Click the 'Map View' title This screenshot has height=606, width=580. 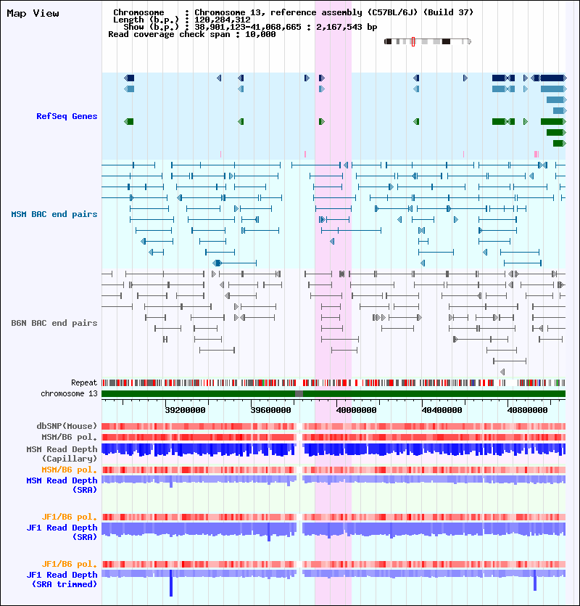(33, 13)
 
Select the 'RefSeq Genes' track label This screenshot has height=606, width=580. (67, 116)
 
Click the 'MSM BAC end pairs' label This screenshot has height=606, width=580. (54, 214)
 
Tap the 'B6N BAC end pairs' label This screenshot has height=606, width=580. (54, 323)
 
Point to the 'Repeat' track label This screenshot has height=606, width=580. (83, 382)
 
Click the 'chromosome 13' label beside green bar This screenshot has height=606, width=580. (69, 393)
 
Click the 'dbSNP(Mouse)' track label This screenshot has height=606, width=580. (67, 426)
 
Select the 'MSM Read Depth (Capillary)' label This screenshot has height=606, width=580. (62, 454)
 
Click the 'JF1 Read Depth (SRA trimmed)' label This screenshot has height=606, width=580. (62, 579)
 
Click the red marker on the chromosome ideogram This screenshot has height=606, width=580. (413, 41)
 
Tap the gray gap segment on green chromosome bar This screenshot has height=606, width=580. (299, 393)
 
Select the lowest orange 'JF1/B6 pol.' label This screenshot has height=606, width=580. (70, 564)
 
